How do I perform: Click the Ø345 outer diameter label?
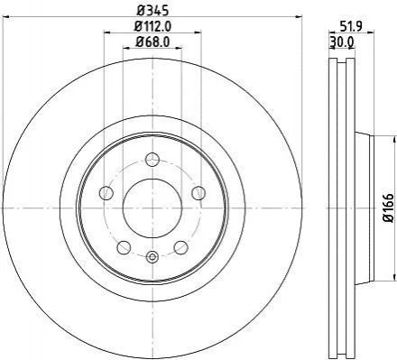[152, 10]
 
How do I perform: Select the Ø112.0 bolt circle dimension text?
[152, 26]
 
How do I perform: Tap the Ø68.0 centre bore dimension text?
[152, 42]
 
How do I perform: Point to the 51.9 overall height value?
[351, 26]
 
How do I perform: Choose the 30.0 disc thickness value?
[342, 42]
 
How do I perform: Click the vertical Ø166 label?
[390, 208]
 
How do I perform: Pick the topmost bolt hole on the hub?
[152, 160]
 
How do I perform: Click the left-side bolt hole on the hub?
[106, 192]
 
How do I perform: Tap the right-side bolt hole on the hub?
[198, 192]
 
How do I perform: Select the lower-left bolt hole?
[124, 247]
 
